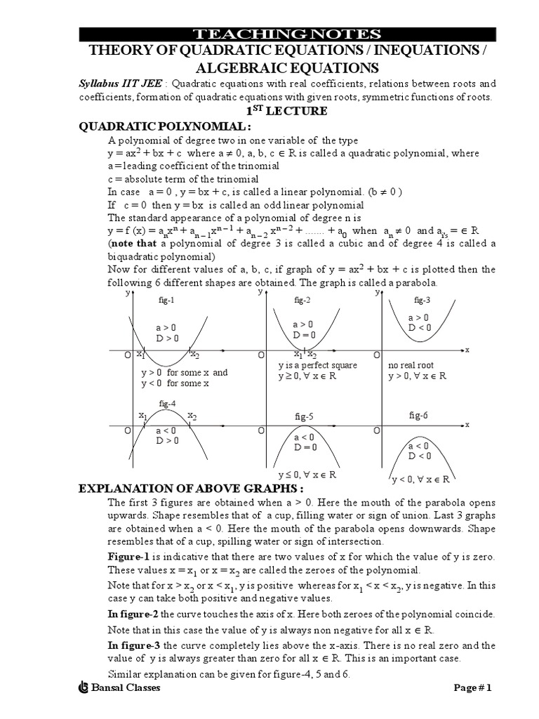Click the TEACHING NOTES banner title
(x=287, y=34)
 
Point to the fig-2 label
(x=302, y=300)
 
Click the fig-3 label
(x=422, y=300)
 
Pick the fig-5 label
(x=304, y=416)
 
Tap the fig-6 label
(x=418, y=416)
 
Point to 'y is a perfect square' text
(x=317, y=366)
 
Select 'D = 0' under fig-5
(x=305, y=447)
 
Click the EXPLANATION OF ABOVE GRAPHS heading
(x=191, y=489)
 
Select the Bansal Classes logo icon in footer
(x=84, y=688)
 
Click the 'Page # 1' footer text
(x=473, y=688)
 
